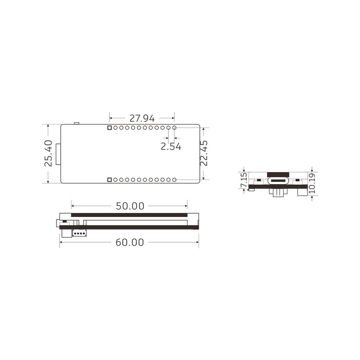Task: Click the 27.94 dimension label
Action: pos(142,118)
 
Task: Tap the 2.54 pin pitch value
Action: pos(171,146)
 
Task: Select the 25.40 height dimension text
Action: pos(48,153)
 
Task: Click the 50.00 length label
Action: pos(130,206)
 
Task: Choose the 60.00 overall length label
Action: pos(130,242)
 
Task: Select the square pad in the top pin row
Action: pos(109,128)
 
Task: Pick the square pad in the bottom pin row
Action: pos(109,180)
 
